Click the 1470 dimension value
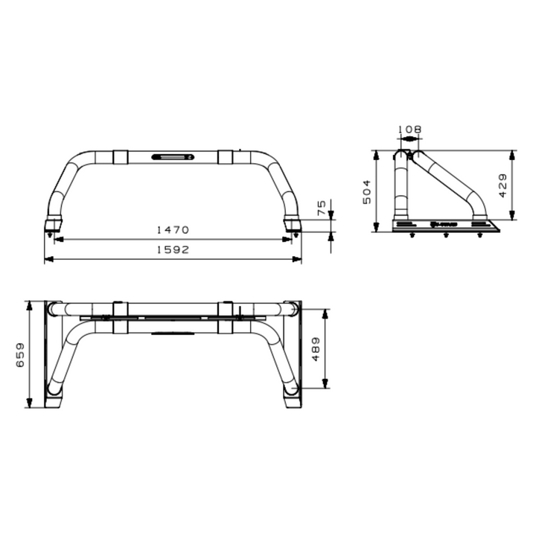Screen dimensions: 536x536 pyautogui.click(x=173, y=231)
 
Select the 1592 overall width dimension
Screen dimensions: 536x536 pyautogui.click(x=173, y=251)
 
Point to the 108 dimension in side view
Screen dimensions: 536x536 pyautogui.click(x=409, y=130)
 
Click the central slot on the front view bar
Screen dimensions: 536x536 pyautogui.click(x=173, y=157)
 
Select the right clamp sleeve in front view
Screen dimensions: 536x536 pyautogui.click(x=226, y=157)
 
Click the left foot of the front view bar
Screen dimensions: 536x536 pyautogui.click(x=53, y=223)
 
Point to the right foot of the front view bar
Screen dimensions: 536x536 pyautogui.click(x=293, y=223)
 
